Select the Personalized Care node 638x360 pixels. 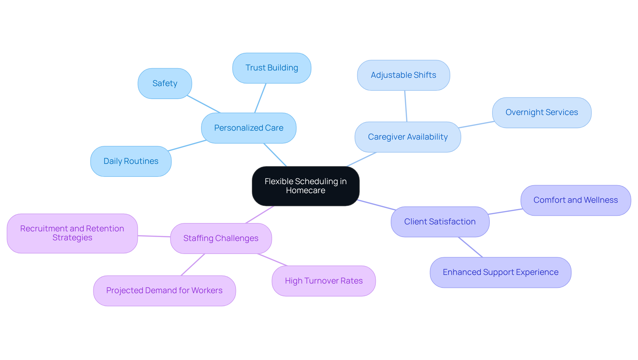click(x=249, y=128)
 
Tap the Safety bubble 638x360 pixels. click(x=165, y=83)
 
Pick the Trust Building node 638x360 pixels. click(x=271, y=68)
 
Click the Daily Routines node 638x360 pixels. click(x=131, y=161)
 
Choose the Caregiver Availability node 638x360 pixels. click(x=408, y=137)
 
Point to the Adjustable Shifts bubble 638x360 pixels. click(x=403, y=75)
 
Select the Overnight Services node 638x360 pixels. click(x=542, y=112)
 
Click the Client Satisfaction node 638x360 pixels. click(x=440, y=222)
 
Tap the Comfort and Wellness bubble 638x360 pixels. click(x=576, y=200)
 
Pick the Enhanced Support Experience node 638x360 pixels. click(x=500, y=272)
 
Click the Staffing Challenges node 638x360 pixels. click(x=221, y=238)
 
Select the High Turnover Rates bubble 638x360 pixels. click(x=324, y=281)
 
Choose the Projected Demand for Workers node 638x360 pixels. click(x=164, y=291)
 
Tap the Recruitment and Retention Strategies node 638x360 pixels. click(x=72, y=233)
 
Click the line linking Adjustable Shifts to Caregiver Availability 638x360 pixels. click(x=406, y=106)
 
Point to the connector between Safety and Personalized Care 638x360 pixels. click(x=204, y=104)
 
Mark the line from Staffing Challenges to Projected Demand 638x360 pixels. click(x=193, y=265)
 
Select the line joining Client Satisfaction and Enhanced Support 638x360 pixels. click(x=471, y=247)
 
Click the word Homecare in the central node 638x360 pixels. click(x=305, y=190)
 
